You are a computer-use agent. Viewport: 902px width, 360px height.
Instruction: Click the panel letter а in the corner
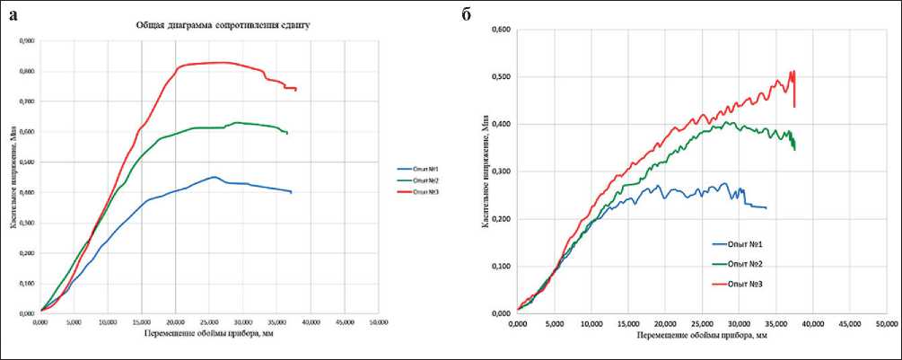point(14,14)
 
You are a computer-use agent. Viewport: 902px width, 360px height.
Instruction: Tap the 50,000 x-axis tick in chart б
point(886,322)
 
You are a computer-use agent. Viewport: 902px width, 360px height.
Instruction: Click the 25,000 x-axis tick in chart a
point(209,321)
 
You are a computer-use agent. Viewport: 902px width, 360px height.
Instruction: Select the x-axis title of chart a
point(210,333)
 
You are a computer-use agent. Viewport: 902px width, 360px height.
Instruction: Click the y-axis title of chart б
point(486,171)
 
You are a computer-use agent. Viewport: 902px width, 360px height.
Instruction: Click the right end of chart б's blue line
point(766,208)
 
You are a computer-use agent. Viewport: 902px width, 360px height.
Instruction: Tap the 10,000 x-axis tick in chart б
point(591,322)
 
